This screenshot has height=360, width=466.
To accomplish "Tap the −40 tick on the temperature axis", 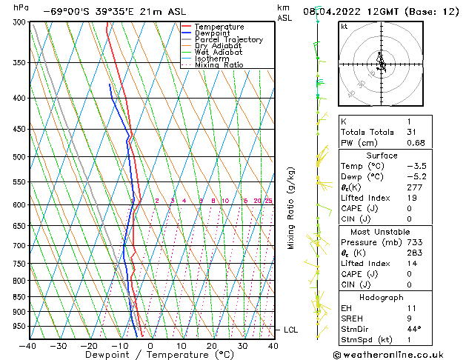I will point(28,345).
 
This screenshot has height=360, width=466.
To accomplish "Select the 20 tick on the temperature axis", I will point(212,345).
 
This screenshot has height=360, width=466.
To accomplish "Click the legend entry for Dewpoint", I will point(211,33).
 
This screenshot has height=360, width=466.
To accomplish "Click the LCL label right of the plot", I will point(290,330).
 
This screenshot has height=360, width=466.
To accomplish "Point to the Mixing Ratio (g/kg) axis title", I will point(291,208).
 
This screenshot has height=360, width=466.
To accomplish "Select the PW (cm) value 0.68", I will point(416,143).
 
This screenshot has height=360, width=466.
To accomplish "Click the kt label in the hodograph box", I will point(344,26).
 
